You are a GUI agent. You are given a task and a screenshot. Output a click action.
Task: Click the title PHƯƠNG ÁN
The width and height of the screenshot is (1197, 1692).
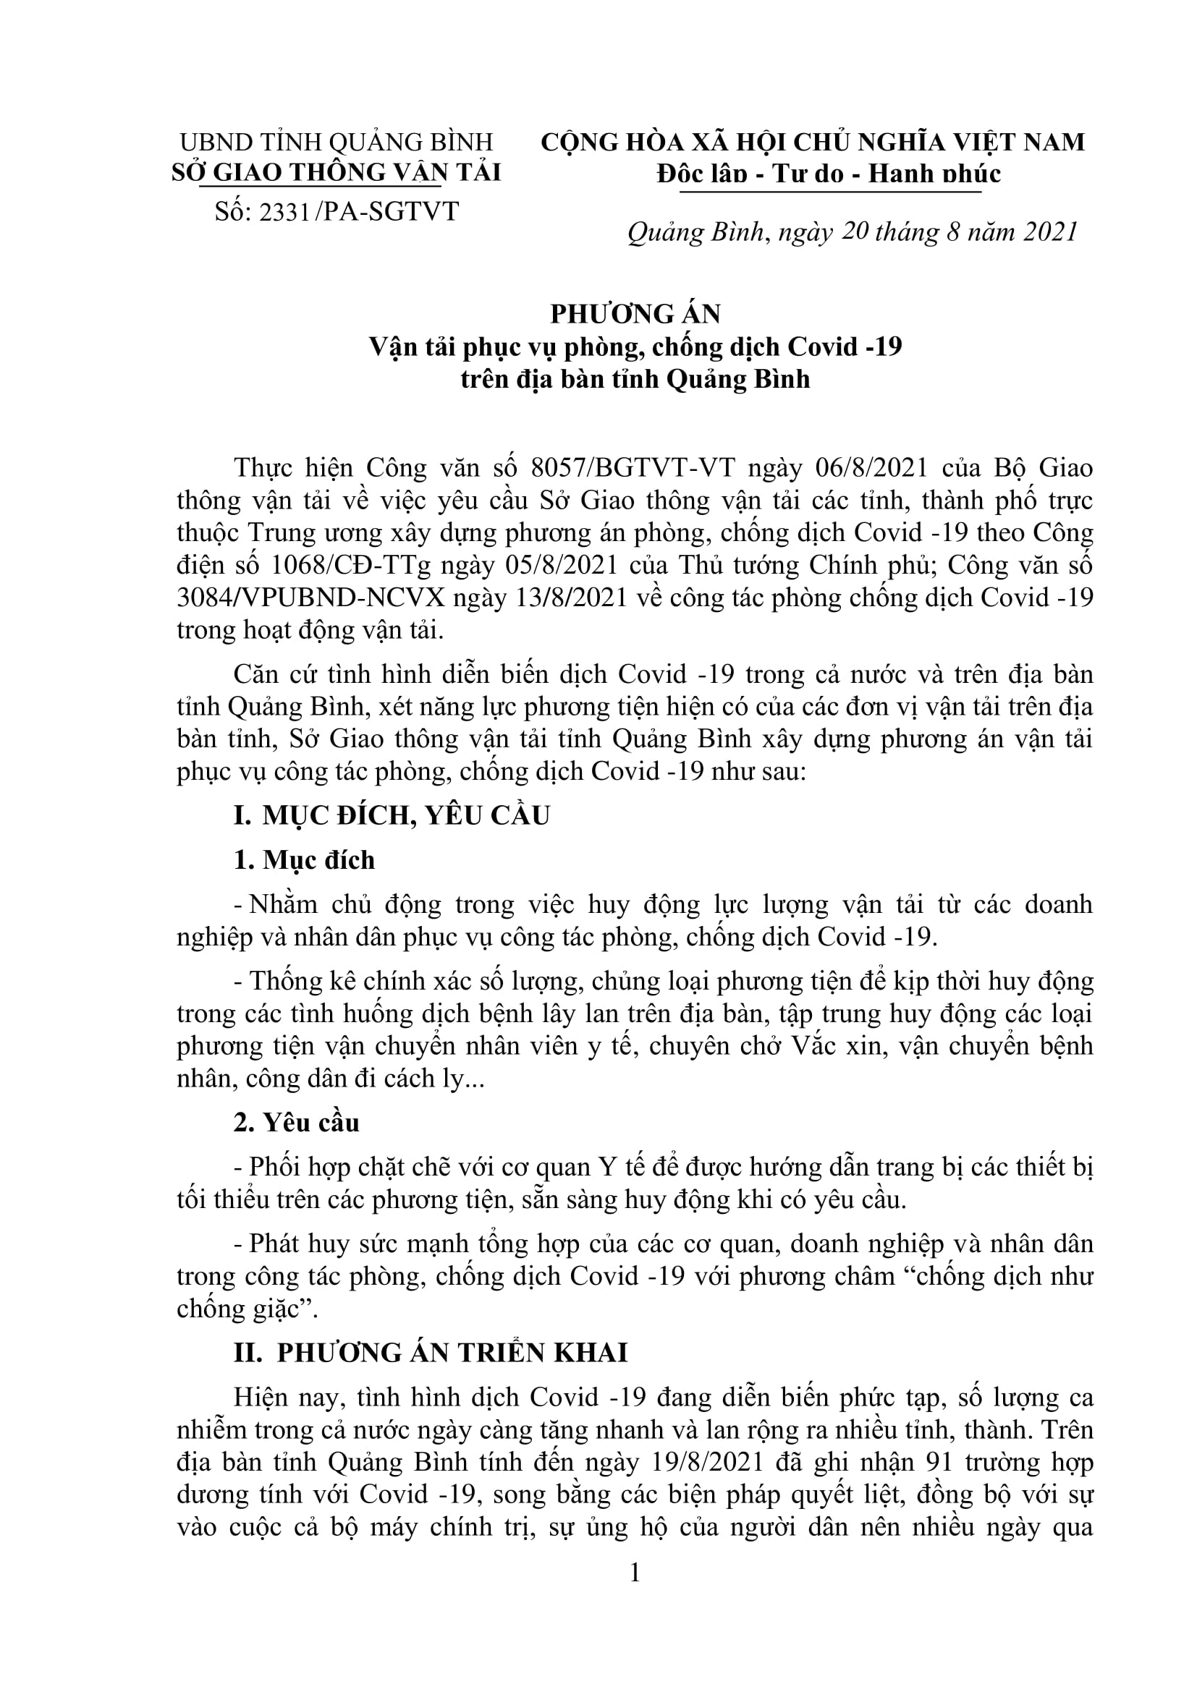[635, 314]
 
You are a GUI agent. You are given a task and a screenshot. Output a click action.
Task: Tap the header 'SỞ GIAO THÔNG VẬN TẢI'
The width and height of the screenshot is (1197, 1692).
[336, 172]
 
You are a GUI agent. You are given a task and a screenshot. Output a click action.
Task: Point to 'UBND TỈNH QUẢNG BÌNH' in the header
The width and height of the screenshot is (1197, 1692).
[336, 142]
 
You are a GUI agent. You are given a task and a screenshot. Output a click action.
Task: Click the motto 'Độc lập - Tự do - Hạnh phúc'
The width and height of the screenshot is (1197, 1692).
[829, 174]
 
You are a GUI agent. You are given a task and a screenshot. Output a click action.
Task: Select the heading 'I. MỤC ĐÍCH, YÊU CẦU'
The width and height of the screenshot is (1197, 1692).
[392, 816]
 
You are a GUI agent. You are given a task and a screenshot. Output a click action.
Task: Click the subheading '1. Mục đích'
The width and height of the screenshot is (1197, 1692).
[304, 860]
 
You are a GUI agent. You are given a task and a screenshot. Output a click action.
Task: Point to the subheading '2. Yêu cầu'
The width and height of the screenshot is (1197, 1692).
[296, 1123]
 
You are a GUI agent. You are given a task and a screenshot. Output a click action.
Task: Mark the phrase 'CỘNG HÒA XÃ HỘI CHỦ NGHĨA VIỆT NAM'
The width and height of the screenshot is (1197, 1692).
[813, 142]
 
